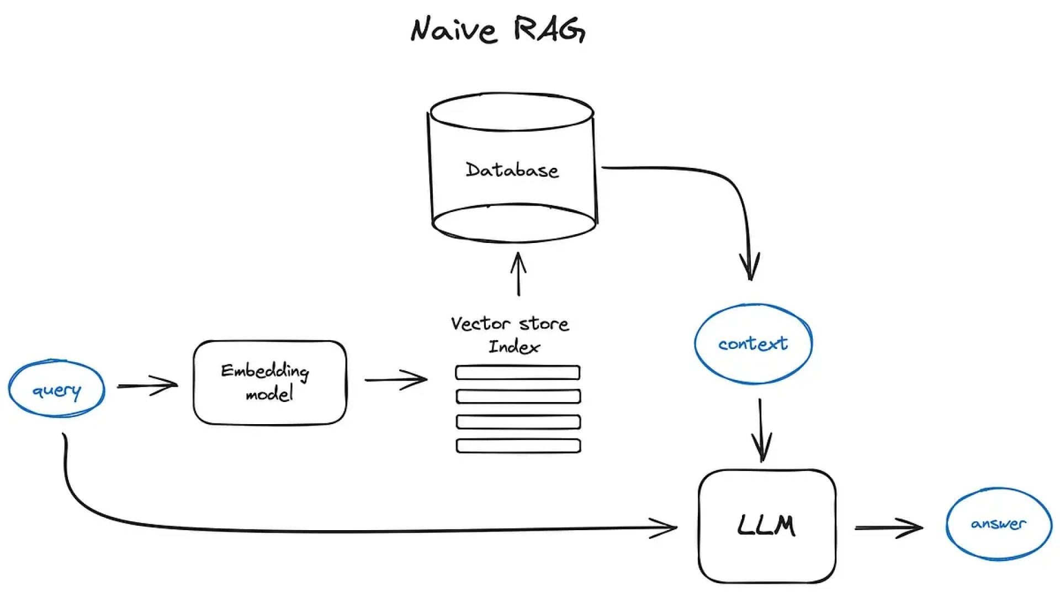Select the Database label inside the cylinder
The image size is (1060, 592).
click(x=512, y=170)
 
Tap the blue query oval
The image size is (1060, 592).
click(x=56, y=389)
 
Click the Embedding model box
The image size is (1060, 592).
click(x=270, y=382)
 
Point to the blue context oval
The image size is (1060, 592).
click(x=753, y=343)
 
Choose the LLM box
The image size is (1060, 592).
click(x=767, y=525)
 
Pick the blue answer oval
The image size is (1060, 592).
click(x=998, y=524)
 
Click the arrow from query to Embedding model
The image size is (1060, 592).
click(x=147, y=385)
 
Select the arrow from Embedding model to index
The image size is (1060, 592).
click(x=396, y=379)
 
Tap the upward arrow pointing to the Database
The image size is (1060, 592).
click(x=518, y=274)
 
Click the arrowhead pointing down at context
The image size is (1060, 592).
click(x=750, y=268)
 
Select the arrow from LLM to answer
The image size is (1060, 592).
click(x=889, y=528)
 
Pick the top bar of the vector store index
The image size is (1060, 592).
click(x=517, y=373)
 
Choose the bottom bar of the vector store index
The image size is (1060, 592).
click(x=518, y=446)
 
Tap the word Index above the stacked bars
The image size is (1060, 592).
click(x=514, y=347)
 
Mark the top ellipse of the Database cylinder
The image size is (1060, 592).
click(x=512, y=113)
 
